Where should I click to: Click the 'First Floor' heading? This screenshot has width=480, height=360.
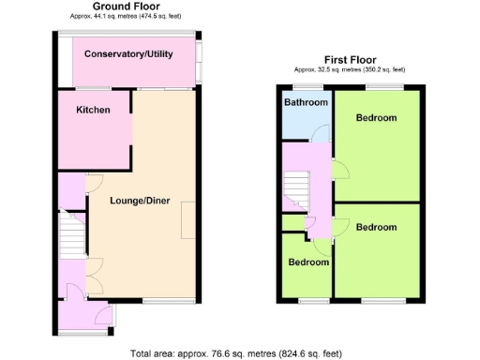(x=352, y=58)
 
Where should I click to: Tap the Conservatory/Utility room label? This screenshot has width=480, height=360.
(x=128, y=54)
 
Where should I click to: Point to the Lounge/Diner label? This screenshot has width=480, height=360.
(x=140, y=200)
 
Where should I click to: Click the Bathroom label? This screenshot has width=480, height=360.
(x=306, y=102)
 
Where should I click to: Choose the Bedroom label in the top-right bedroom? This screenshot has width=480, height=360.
(x=376, y=118)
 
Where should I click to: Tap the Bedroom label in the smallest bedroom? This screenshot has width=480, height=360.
(x=308, y=262)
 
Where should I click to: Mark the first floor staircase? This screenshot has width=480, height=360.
(x=298, y=191)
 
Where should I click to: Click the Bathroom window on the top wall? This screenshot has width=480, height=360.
(x=306, y=87)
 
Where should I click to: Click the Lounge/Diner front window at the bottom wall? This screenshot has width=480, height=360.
(x=156, y=301)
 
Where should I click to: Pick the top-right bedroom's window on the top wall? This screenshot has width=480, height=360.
(x=380, y=87)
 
